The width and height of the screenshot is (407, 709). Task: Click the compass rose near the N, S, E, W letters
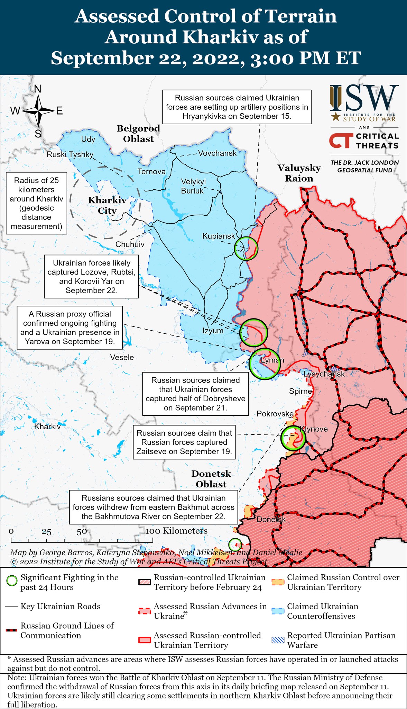click(38, 111)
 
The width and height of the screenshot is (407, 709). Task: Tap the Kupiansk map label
click(219, 236)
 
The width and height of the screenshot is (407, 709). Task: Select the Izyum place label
click(213, 331)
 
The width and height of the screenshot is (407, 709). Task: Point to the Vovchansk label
click(217, 153)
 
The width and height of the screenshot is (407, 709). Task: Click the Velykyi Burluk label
click(193, 186)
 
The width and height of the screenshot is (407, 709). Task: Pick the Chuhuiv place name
click(130, 244)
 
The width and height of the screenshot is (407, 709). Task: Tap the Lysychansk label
click(324, 374)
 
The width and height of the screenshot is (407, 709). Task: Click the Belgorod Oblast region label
click(138, 134)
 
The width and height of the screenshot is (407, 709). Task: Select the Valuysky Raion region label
click(299, 173)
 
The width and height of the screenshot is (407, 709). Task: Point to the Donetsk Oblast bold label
click(211, 479)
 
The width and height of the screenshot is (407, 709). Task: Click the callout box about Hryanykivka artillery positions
click(237, 107)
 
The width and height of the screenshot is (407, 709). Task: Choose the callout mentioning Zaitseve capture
click(184, 442)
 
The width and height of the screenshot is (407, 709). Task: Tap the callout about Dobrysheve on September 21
click(195, 394)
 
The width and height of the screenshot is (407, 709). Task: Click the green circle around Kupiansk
click(246, 249)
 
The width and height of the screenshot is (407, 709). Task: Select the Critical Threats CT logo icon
click(341, 141)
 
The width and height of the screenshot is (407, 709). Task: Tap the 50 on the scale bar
click(82, 531)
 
